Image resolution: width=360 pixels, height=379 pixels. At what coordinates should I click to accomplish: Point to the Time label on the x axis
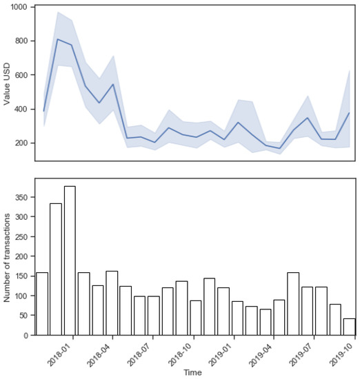[x=193, y=373]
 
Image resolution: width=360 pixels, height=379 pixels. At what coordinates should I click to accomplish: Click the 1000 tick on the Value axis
[x=19, y=7]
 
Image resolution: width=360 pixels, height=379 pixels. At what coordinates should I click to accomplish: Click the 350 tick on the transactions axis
[x=22, y=197]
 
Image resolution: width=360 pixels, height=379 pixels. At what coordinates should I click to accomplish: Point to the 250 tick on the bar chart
[x=22, y=236]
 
